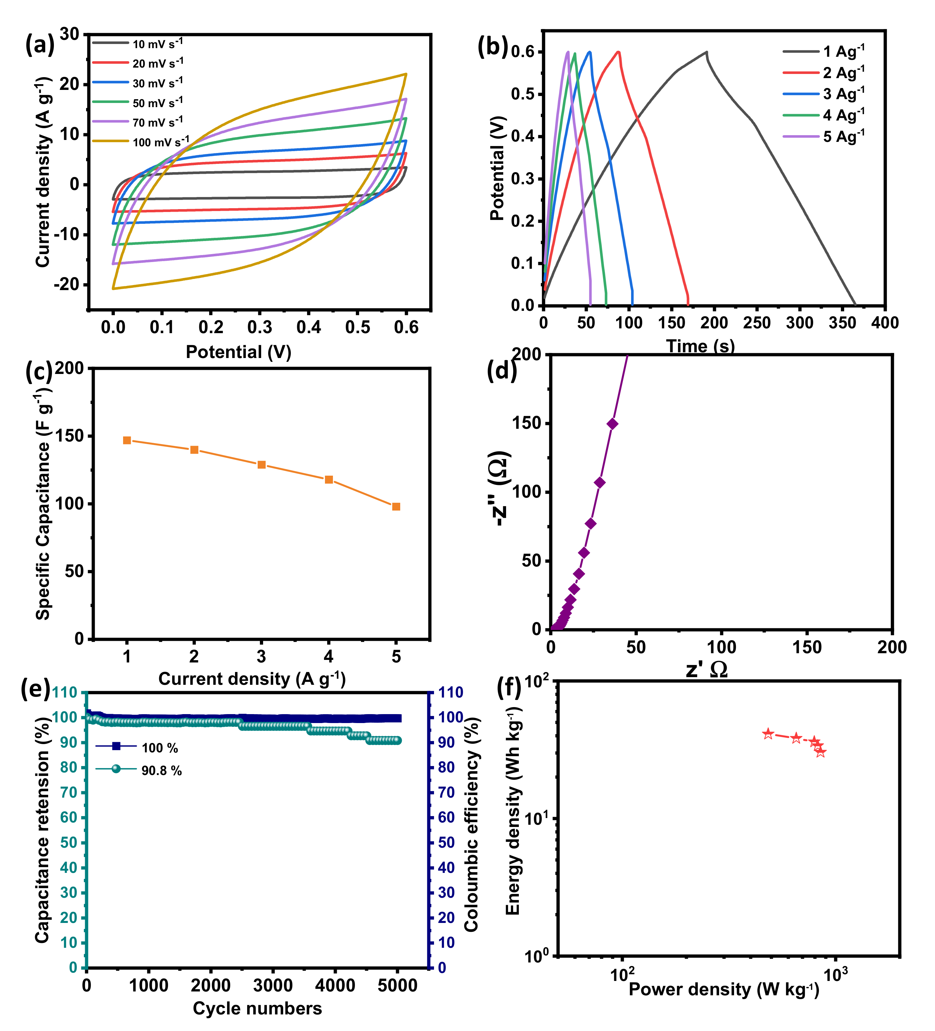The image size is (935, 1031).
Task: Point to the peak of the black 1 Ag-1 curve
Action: tap(706, 52)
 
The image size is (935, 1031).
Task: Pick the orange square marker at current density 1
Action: tap(127, 440)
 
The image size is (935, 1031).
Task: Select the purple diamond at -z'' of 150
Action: tap(612, 424)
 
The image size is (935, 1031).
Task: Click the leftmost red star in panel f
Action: tap(768, 734)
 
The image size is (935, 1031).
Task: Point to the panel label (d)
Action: tap(501, 370)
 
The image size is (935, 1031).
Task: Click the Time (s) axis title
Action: tap(700, 346)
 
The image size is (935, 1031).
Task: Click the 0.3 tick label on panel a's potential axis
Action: tap(260, 327)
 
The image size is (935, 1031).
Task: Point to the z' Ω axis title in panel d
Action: tap(706, 669)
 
